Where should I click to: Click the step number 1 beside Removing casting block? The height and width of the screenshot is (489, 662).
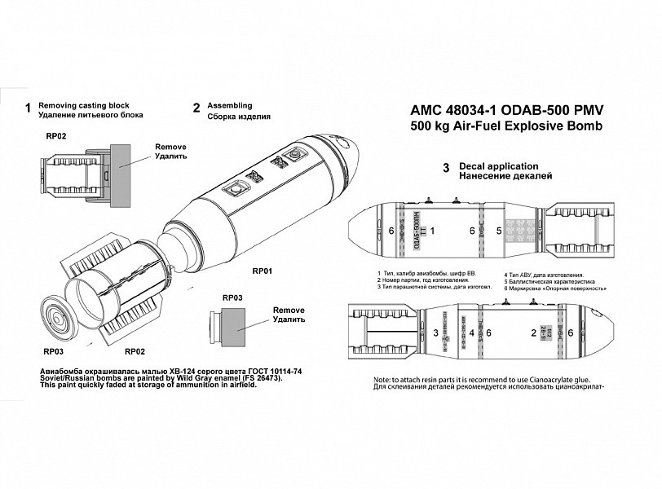29,108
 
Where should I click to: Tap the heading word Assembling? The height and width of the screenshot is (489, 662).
230,106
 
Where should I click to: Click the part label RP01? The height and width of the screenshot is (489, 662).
263,270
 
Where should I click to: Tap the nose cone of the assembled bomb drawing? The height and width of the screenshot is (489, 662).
351,160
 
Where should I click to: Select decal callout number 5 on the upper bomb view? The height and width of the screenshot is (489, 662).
500,231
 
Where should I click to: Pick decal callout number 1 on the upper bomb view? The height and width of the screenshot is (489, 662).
432,231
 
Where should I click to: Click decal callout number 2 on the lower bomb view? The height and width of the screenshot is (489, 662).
533,333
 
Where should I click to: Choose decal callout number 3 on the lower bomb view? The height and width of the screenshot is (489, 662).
436,333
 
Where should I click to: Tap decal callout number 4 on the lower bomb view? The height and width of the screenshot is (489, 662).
472,333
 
